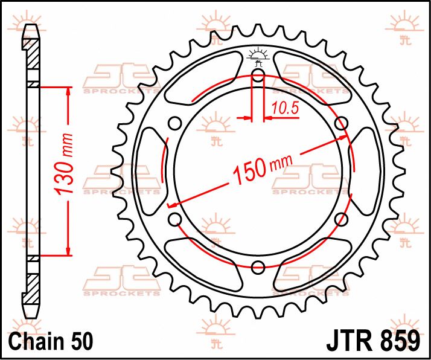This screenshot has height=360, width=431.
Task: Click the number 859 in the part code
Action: tap(395, 340)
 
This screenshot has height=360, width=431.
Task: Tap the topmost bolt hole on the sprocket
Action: tap(258, 76)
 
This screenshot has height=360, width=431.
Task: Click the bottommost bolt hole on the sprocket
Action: tap(258, 268)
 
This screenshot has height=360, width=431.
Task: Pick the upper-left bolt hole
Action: tap(175, 124)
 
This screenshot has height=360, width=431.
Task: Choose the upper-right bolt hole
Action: tap(342, 124)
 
